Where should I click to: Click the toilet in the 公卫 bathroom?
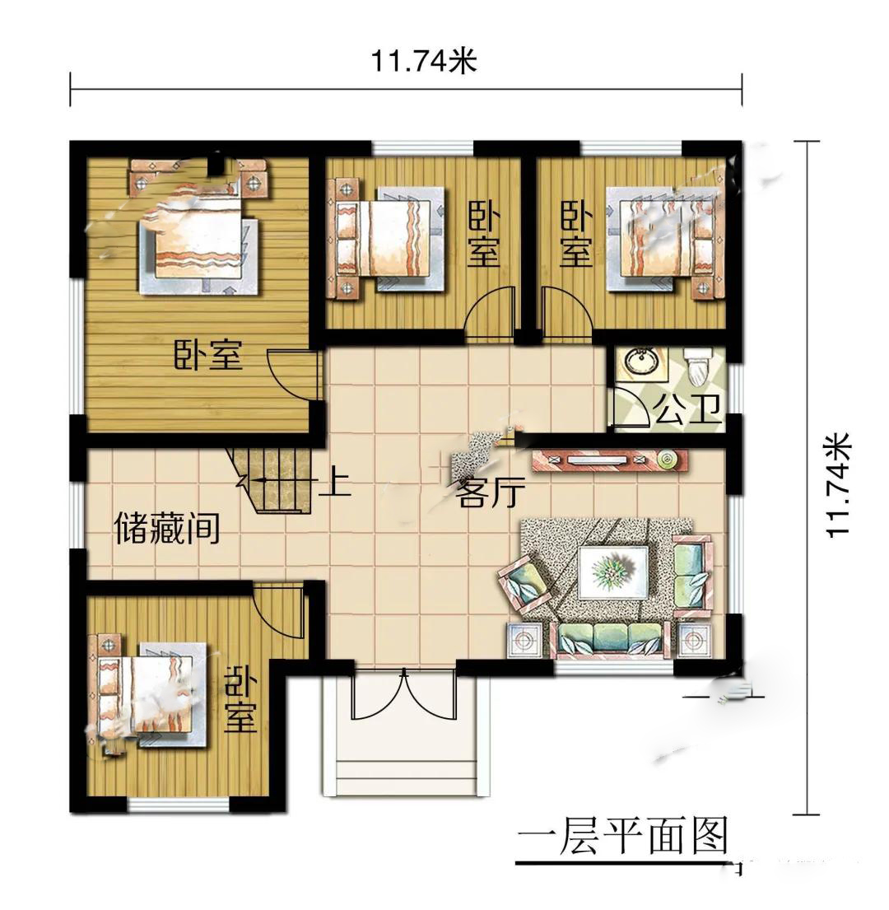tap(698, 366)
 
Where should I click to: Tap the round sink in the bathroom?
tap(640, 361)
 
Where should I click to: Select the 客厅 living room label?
tap(491, 492)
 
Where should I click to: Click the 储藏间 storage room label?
tap(168, 527)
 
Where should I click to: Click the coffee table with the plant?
tap(614, 572)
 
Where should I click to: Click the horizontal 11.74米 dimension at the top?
tap(424, 60)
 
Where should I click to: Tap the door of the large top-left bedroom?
tap(293, 375)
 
